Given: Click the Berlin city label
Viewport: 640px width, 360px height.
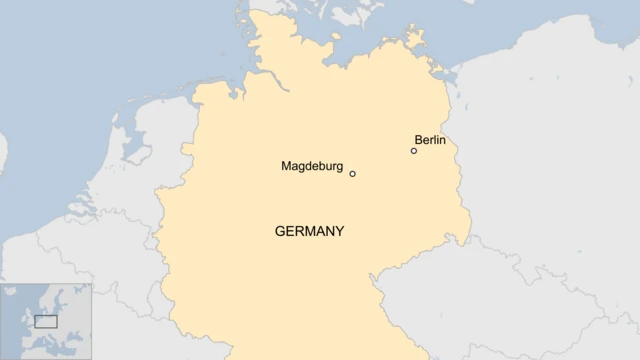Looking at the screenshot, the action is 430,140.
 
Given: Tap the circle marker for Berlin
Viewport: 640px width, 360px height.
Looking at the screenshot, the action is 414,151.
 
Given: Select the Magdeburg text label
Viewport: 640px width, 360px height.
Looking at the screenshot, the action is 312,166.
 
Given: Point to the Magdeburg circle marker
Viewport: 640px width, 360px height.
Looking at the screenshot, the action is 352,174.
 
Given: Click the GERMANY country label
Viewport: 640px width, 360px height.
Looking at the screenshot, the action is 309,231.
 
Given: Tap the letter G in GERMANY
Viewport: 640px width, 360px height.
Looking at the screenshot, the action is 280,231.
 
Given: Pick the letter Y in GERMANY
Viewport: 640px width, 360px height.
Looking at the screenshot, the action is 340,231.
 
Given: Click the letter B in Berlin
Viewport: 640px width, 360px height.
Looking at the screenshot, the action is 418,140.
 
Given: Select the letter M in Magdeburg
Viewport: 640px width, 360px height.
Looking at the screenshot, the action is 286,166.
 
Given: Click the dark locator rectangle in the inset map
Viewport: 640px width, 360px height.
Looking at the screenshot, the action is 46,322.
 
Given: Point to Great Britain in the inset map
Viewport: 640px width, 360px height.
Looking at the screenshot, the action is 28,318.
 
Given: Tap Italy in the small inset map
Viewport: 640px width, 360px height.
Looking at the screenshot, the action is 49,340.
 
